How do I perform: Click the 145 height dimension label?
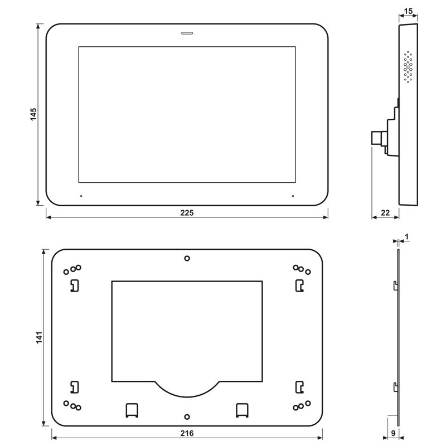[33, 114]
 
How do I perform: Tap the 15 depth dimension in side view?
[409, 11]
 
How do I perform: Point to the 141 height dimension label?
[38, 339]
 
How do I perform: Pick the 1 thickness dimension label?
[407, 237]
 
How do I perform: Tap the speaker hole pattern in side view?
[408, 67]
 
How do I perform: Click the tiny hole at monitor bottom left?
[81, 196]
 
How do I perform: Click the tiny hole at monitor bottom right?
[292, 196]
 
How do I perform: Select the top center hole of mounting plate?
[187, 258]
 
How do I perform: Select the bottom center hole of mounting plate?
[187, 416]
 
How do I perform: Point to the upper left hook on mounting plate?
[74, 285]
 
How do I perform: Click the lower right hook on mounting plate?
[299, 386]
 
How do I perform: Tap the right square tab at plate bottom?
[243, 409]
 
